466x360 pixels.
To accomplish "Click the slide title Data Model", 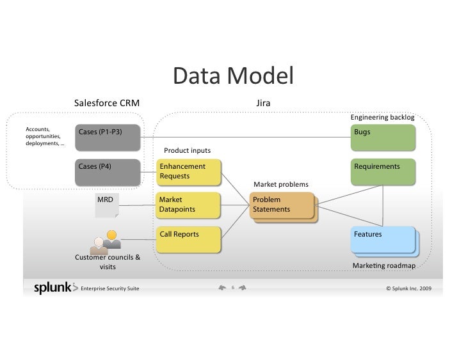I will click(x=232, y=77).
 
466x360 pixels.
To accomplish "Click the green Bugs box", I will click(x=383, y=136).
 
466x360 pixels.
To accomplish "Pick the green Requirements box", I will click(x=383, y=171).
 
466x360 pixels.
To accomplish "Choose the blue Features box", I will click(x=383, y=240).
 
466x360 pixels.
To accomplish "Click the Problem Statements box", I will click(x=282, y=205).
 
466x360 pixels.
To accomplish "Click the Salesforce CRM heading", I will click(x=107, y=103).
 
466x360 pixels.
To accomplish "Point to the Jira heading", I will click(x=262, y=103).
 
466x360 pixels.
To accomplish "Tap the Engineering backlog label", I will click(x=382, y=118).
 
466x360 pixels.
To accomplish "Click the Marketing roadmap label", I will click(x=383, y=265).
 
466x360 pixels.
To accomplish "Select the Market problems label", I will click(x=280, y=185).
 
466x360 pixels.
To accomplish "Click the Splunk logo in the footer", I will click(x=55, y=288).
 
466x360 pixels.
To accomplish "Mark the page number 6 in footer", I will click(x=233, y=288).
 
